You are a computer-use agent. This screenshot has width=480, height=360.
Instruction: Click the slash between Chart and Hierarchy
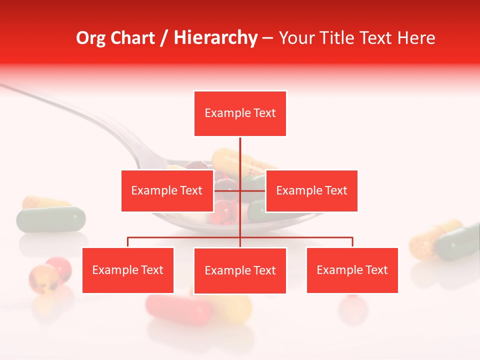[164, 38]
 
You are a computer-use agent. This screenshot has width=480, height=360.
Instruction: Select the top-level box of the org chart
[240, 113]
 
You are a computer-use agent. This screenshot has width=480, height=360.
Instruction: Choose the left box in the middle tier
[167, 190]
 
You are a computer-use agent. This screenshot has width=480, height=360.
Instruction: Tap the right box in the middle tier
[311, 190]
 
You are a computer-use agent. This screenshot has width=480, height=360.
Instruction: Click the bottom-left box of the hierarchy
[128, 270]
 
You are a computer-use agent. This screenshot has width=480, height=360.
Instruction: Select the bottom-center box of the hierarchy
[240, 270]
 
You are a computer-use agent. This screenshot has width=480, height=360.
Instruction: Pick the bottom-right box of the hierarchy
[352, 270]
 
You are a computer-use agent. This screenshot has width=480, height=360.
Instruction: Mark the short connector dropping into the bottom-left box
[128, 242]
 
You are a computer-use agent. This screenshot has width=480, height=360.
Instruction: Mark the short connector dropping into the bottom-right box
[352, 242]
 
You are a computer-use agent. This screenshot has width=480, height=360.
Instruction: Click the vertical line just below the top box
[240, 152]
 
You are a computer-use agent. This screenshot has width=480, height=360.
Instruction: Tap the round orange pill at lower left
[43, 278]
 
